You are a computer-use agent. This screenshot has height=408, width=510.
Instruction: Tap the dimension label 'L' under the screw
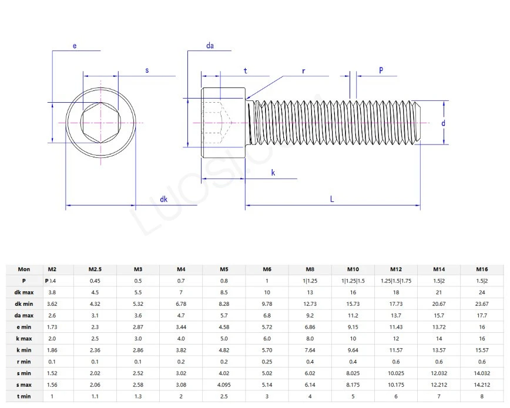[332, 199]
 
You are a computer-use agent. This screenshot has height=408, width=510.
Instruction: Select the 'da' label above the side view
[210, 45]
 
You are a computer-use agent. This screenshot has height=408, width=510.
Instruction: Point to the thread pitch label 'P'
[381, 70]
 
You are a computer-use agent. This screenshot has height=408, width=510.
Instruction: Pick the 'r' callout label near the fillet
[304, 70]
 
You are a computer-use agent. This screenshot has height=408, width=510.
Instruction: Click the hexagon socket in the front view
[100, 123]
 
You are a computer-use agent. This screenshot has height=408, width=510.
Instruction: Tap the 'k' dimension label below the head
[273, 172]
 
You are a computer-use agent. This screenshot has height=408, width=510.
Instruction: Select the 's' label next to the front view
[147, 70]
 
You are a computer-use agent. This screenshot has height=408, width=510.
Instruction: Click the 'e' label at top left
[75, 45]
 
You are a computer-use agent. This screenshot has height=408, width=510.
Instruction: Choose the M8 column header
[310, 269]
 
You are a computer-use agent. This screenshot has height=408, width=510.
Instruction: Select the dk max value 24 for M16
[481, 292]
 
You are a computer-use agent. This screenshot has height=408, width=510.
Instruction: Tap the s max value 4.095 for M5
[224, 385]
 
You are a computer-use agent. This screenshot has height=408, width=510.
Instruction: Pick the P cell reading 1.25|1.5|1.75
[396, 281]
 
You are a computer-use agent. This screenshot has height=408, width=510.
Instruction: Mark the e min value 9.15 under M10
[353, 326]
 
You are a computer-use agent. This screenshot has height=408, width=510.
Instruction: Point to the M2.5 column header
[95, 269]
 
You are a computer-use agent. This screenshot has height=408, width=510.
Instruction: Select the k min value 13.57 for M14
[438, 350]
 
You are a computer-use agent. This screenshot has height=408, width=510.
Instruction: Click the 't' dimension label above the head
[245, 70]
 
